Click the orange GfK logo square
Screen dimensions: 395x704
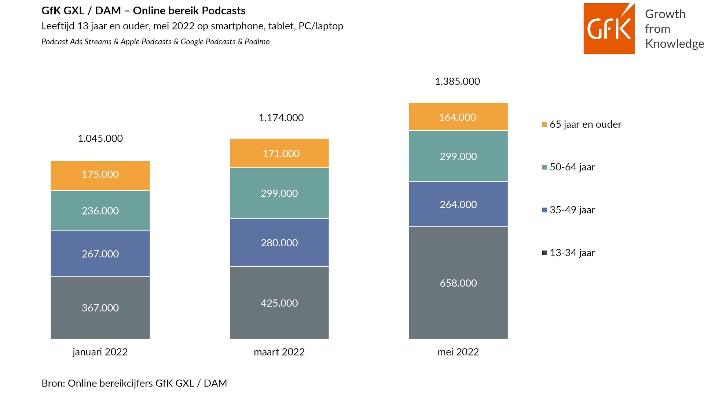[x=609, y=29]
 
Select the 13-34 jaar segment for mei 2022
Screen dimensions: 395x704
[x=458, y=283]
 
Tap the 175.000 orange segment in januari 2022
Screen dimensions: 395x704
[x=100, y=175]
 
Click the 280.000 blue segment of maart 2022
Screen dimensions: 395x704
[x=279, y=242]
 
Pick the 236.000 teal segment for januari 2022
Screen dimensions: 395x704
[x=100, y=210]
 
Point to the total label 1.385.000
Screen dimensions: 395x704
[x=457, y=81]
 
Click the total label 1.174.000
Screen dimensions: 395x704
[x=281, y=118]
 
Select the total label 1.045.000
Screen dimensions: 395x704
[x=100, y=138]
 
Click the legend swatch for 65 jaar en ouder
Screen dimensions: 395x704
[x=544, y=124]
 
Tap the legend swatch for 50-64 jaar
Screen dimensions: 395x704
[x=544, y=167]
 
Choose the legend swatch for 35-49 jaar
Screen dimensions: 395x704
[x=544, y=210]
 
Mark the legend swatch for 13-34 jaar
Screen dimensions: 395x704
[x=544, y=253]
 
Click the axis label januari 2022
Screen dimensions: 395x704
[x=100, y=352]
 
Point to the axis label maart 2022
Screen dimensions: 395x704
[x=279, y=352]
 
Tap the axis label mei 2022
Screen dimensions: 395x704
[x=458, y=352]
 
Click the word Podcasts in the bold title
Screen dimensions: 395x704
[x=223, y=11]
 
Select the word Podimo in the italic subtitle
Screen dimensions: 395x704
[x=257, y=42]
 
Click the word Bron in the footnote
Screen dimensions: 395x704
[x=53, y=383]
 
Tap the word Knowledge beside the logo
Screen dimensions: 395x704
[x=674, y=44]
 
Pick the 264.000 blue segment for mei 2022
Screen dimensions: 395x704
[x=458, y=204]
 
